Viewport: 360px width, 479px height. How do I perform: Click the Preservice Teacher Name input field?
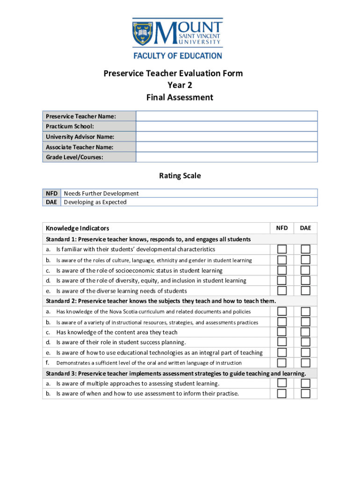tap(226, 116)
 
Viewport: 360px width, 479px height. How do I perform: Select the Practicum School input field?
tap(226, 126)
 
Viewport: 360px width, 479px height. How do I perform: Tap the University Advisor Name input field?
tap(226, 137)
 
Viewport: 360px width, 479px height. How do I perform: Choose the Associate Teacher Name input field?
tap(226, 147)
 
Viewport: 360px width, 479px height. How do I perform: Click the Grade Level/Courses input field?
tap(226, 157)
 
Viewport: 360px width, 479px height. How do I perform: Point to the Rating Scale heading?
tap(180, 176)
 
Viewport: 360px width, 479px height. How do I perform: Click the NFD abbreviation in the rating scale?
tap(51, 193)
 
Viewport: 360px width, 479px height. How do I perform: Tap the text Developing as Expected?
tap(95, 203)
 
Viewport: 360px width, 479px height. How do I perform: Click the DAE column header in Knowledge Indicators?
tap(305, 228)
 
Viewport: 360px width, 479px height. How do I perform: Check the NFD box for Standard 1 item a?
tap(282, 249)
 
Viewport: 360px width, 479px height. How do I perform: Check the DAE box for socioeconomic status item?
tap(305, 270)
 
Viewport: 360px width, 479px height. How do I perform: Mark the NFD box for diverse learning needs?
tap(282, 290)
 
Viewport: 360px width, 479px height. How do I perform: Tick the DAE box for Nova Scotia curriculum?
tap(305, 311)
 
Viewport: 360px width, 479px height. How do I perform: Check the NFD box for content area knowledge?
tap(282, 332)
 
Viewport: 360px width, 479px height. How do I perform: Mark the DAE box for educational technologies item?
tap(305, 353)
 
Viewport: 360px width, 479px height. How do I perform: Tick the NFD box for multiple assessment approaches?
tap(282, 383)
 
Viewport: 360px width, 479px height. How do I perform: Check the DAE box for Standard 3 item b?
tap(305, 393)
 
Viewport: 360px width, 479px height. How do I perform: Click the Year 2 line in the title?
tap(180, 85)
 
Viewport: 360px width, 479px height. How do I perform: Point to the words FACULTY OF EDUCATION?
tap(178, 56)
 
